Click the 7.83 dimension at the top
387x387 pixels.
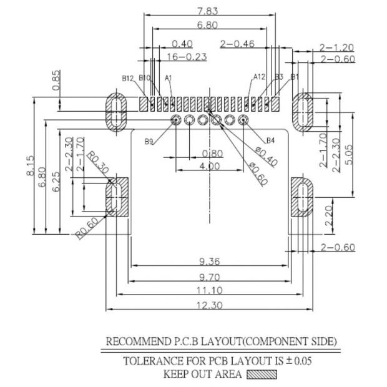207,11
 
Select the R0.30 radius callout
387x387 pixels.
97,164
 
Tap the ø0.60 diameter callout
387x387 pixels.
258,173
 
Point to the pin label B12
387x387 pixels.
128,78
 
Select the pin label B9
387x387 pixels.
149,142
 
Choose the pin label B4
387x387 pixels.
271,140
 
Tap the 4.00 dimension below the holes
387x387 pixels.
209,166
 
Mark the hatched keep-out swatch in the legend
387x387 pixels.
261,375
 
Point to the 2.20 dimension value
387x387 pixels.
329,217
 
